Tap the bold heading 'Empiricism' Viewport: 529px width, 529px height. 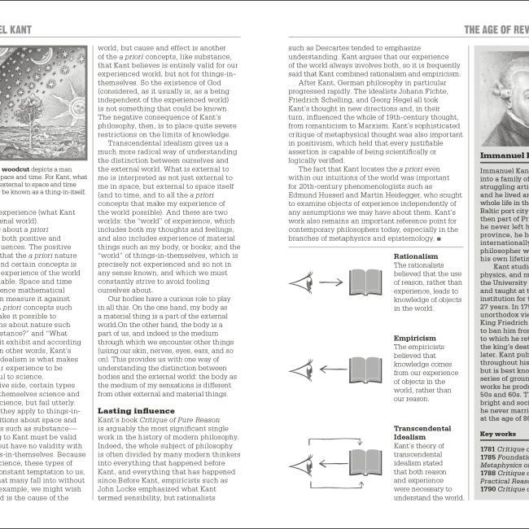[417, 337]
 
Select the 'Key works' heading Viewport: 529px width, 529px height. [498, 434]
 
